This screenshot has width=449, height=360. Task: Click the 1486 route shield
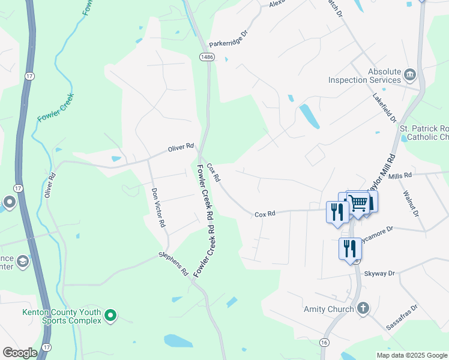point(207,56)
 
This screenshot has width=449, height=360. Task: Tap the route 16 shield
point(324,341)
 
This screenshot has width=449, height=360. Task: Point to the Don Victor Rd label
point(158,208)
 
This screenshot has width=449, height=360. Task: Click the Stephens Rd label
point(173,264)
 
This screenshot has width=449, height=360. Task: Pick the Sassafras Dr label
point(402,317)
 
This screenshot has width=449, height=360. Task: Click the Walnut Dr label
point(411,204)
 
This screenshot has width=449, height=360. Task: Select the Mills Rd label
point(400,175)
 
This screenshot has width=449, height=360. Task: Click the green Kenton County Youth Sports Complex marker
point(110,315)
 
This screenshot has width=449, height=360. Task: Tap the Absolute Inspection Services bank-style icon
point(411,75)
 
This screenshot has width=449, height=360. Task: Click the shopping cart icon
point(358,203)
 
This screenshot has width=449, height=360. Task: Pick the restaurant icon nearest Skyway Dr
point(350,248)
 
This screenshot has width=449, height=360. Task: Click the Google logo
point(19,353)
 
